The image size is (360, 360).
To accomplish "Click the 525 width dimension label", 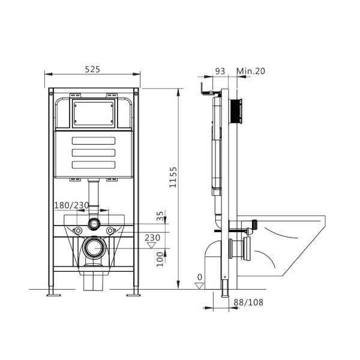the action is tap(92, 69).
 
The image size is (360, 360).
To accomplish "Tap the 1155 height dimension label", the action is tap(173, 177).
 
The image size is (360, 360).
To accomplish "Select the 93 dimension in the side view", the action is tap(220, 71).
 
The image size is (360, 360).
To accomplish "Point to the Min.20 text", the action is tap(251, 71).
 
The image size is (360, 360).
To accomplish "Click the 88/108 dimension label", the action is tap(248, 302).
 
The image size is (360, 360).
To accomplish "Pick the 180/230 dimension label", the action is tap(71, 205).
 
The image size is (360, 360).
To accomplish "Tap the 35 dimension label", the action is tap(160, 216).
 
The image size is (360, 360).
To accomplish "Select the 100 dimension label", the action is tap(160, 259).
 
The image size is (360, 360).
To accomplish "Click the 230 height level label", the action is tap(152, 238).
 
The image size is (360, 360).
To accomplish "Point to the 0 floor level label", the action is tap(200, 277).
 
